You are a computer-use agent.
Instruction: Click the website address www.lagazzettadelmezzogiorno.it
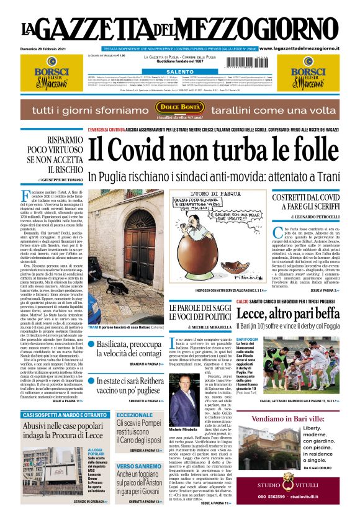click(x=308, y=48)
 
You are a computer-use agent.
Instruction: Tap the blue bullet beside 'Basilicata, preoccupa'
click(x=91, y=344)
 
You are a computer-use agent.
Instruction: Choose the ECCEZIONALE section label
click(x=135, y=415)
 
